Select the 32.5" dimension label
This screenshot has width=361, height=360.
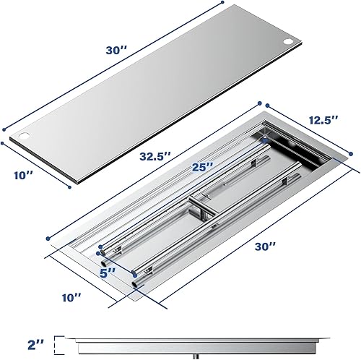156,155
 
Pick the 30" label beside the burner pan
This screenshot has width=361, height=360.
266,246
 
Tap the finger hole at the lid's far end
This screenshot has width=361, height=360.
291,42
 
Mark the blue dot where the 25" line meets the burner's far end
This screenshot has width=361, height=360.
265,137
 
